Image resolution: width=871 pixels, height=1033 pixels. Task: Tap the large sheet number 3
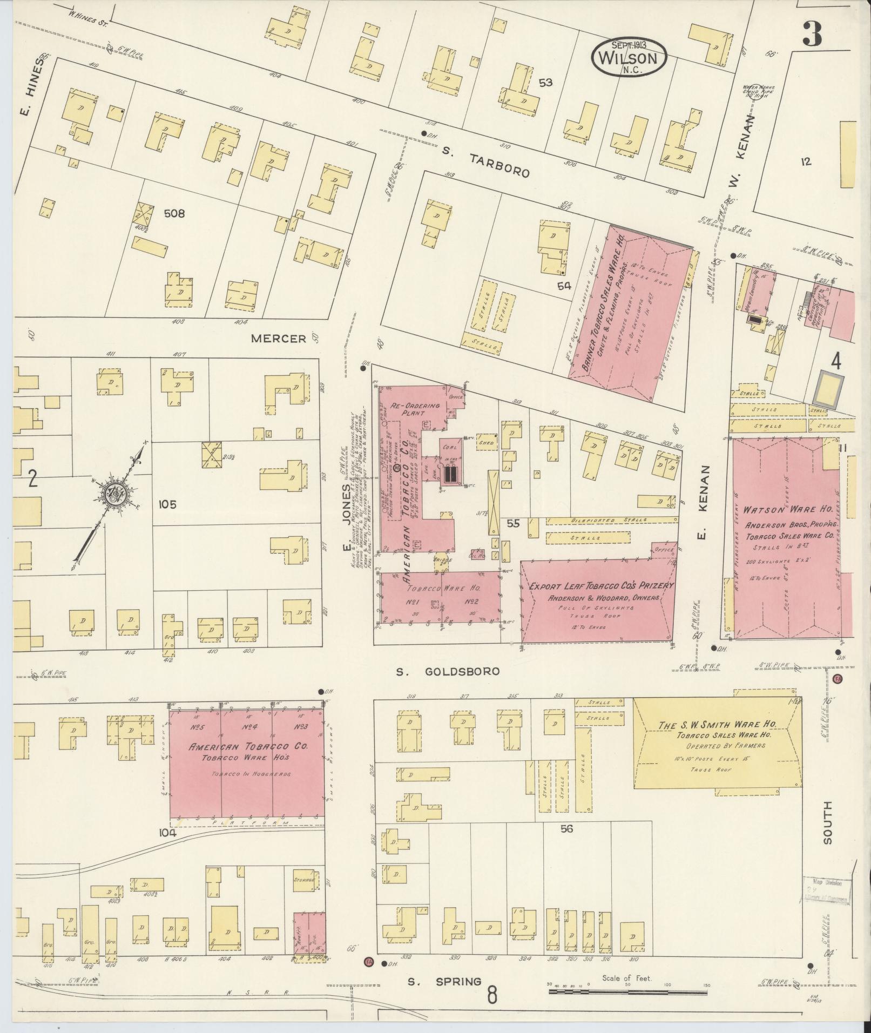pos(812,33)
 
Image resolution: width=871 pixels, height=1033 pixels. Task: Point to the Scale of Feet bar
pos(627,991)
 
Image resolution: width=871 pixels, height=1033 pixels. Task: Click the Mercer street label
pos(279,339)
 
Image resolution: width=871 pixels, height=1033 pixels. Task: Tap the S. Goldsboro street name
pos(448,671)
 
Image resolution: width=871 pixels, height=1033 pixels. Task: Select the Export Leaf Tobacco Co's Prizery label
pos(601,586)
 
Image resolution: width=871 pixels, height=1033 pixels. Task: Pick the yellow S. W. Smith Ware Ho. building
pos(715,740)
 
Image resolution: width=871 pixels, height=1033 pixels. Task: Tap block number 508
pos(174,214)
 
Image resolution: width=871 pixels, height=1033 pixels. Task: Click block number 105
pos(168,504)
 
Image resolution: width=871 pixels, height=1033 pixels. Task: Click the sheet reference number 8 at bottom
pos(492,995)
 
